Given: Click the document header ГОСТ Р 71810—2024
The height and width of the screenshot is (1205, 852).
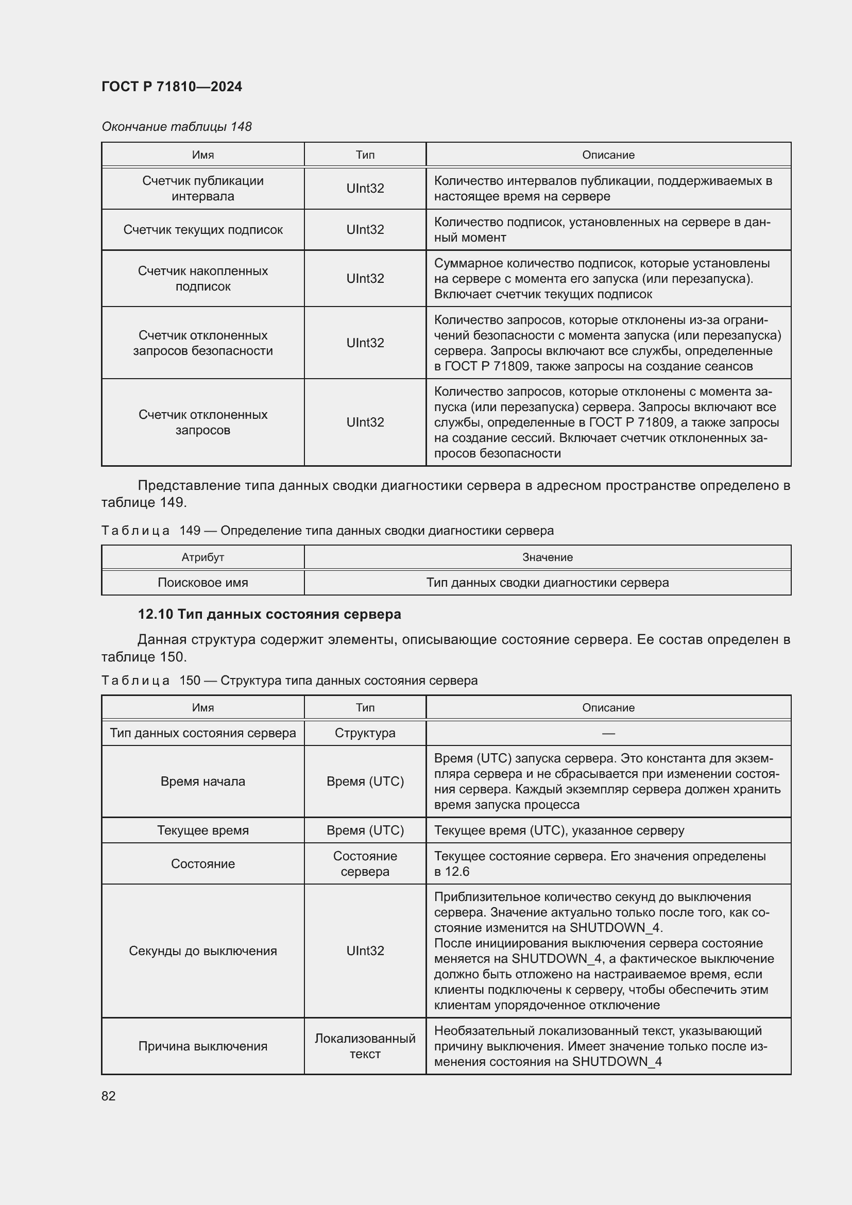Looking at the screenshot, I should (x=172, y=87).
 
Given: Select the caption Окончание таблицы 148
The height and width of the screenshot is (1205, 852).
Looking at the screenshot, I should (x=176, y=127).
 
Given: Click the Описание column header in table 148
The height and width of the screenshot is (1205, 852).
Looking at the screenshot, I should (x=608, y=155).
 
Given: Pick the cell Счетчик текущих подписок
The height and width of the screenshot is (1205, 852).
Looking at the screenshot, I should (x=202, y=229).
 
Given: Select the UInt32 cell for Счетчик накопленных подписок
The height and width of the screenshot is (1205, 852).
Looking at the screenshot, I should (x=365, y=278).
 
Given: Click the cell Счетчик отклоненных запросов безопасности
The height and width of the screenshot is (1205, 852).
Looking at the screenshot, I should (x=202, y=343).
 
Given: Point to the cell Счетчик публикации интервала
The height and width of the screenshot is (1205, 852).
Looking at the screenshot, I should (x=202, y=189).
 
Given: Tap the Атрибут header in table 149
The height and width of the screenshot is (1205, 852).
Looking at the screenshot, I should (x=202, y=557).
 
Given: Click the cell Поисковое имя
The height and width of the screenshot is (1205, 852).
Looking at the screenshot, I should (x=202, y=583).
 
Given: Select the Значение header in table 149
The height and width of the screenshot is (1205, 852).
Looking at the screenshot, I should (x=547, y=557).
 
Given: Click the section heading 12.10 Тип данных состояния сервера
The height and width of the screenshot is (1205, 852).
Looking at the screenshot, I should (x=269, y=614).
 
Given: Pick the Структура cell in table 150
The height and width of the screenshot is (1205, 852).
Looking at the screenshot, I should (x=365, y=733).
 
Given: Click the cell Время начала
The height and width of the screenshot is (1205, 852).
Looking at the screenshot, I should (x=202, y=782).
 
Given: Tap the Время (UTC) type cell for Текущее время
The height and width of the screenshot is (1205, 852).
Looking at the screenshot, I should (x=365, y=830).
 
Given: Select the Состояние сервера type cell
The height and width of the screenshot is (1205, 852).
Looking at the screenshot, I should (x=365, y=863).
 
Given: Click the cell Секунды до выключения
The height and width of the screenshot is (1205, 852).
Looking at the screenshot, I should (x=202, y=951).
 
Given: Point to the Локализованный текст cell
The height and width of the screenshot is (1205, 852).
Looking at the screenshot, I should (x=365, y=1046).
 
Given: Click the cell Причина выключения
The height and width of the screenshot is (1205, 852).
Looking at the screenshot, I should (x=202, y=1046).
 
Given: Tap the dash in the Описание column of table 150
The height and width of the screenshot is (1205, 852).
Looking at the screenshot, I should (x=608, y=733).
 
